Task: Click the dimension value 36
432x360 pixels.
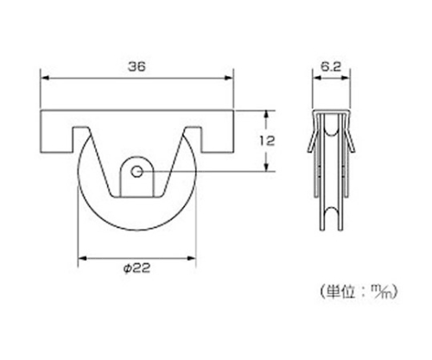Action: [137, 66]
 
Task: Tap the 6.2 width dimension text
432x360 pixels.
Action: [331, 66]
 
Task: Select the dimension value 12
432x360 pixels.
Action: [267, 141]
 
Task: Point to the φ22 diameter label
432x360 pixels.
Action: [137, 268]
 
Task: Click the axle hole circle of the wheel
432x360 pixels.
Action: [137, 172]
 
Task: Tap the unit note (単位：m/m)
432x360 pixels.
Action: [359, 292]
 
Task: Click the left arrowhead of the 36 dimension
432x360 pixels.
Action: [45, 78]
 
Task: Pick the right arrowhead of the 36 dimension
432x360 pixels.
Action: [229, 78]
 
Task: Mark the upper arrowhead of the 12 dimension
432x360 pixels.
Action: [266, 114]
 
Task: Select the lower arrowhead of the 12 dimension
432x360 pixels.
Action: [266, 167]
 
